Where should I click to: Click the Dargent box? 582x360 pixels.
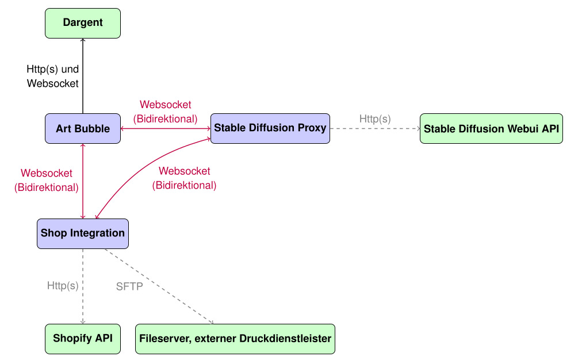pos(83,23)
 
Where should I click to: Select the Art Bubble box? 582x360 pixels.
pos(83,129)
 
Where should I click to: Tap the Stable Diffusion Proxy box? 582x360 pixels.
pos(270,128)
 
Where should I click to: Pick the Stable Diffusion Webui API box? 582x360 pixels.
pos(491,129)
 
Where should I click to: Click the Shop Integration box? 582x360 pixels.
pos(83,233)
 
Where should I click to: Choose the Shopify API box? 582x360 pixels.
pos(83,339)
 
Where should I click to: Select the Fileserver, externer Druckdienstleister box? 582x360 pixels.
pos(235,339)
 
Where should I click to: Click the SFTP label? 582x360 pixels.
pos(129,286)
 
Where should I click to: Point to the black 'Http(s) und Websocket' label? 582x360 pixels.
pos(53,76)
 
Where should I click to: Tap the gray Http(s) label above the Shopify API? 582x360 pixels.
pos(63,285)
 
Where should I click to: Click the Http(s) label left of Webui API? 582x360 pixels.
pos(375,119)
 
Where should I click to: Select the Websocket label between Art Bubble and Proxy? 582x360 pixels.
pos(166,112)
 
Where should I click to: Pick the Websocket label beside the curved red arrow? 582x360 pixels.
pos(184,178)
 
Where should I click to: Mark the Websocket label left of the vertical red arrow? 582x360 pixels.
pos(47,179)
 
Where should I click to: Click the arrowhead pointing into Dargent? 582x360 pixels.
pos(83,40)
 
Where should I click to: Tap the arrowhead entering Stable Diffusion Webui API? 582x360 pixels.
pos(418,129)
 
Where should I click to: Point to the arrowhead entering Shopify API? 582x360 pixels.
pos(83,322)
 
